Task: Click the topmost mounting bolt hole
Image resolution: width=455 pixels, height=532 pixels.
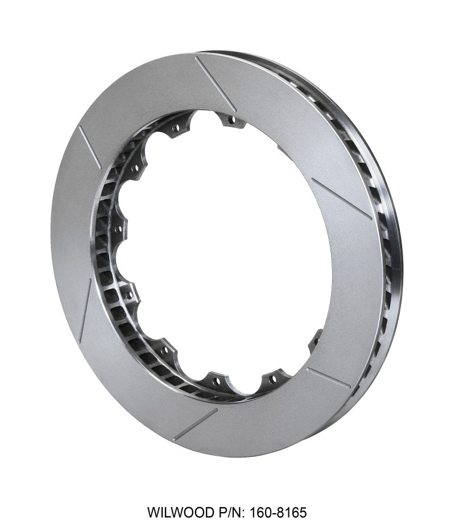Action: (230, 120)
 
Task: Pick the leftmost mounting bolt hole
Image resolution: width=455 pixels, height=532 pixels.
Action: (119, 229)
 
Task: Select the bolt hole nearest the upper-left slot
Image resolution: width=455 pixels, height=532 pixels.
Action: (136, 169)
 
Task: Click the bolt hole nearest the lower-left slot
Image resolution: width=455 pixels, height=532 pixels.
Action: (130, 296)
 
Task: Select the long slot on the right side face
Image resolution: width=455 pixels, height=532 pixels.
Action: (342, 199)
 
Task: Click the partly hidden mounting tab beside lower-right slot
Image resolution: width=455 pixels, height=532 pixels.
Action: (315, 341)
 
